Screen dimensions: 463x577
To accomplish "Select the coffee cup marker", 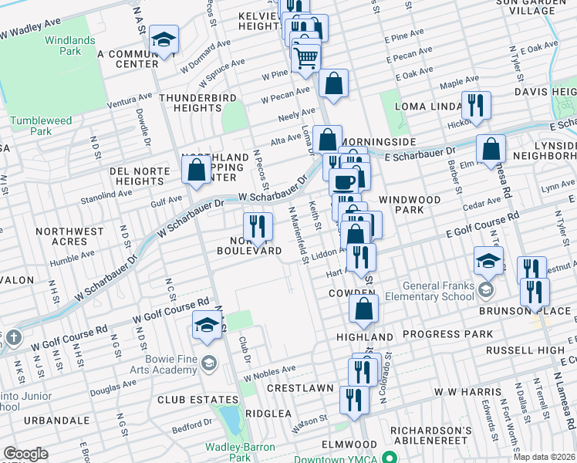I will [x=344, y=183].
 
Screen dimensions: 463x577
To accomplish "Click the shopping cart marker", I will [x=306, y=56].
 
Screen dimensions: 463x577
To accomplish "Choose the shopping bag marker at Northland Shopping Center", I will [x=197, y=168].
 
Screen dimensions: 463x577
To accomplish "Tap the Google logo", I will [x=25, y=454].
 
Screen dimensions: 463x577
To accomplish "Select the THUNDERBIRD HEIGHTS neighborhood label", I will [x=196, y=103].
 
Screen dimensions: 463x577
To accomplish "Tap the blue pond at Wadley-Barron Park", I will [x=229, y=419].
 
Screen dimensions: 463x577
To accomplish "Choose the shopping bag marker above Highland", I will [x=363, y=309].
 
